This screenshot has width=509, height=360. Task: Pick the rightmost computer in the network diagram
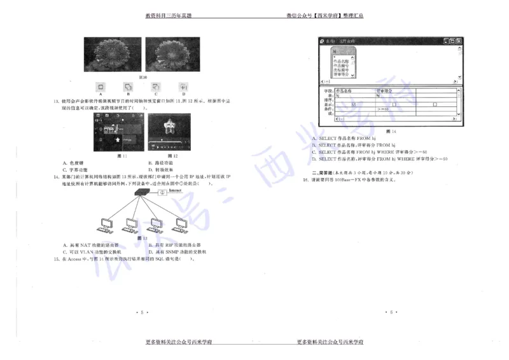181,224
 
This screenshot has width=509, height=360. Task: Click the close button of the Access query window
458,41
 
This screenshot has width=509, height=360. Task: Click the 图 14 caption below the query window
389,131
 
